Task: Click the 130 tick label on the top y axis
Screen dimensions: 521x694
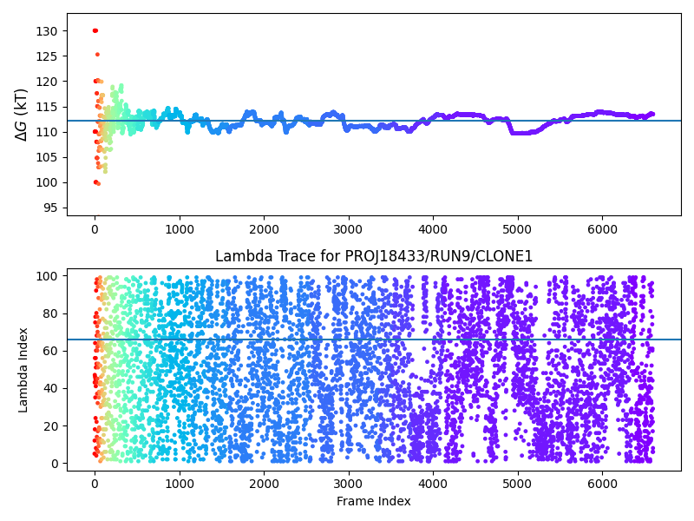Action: (x=49, y=31)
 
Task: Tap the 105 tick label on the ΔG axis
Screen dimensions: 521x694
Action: (x=49, y=157)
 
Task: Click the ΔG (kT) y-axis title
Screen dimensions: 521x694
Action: (x=23, y=114)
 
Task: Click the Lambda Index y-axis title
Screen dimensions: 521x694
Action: (x=23, y=369)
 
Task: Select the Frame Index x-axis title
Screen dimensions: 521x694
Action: (x=373, y=501)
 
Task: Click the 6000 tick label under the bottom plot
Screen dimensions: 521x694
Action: (x=601, y=483)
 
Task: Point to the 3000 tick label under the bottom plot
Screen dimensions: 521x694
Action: (x=348, y=483)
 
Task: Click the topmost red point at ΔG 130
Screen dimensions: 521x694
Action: (x=95, y=30)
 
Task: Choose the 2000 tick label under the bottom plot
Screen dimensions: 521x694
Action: (x=264, y=483)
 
